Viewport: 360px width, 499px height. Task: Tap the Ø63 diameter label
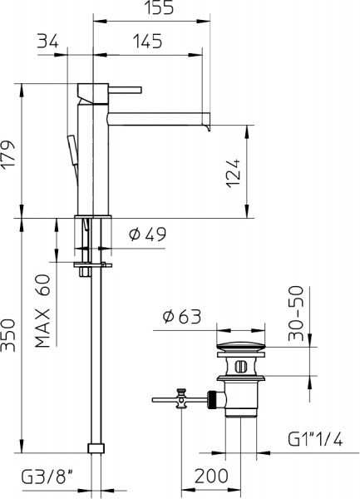click(x=180, y=317)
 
